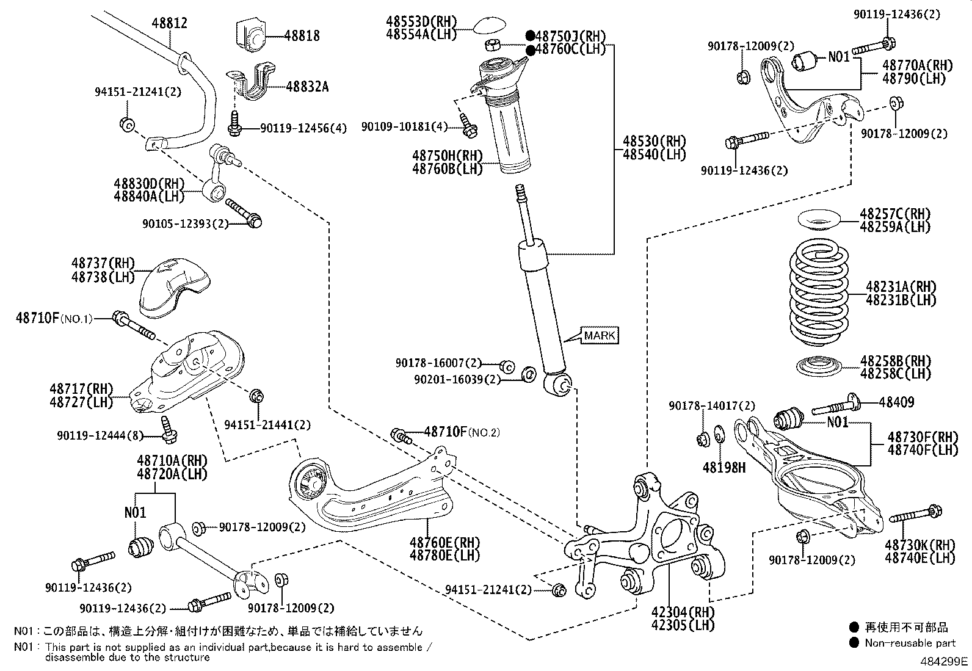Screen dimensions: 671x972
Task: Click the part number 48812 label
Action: pyautogui.click(x=169, y=23)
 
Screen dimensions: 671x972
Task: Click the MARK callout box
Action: pyautogui.click(x=600, y=335)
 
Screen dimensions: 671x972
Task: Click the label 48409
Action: pyautogui.click(x=896, y=402)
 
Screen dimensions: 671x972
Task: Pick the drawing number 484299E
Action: pyautogui.click(x=945, y=661)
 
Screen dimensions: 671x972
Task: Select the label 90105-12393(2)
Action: pyautogui.click(x=185, y=224)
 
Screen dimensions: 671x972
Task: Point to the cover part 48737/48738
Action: pyautogui.click(x=173, y=287)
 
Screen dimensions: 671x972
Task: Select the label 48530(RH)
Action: pyautogui.click(x=654, y=141)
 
